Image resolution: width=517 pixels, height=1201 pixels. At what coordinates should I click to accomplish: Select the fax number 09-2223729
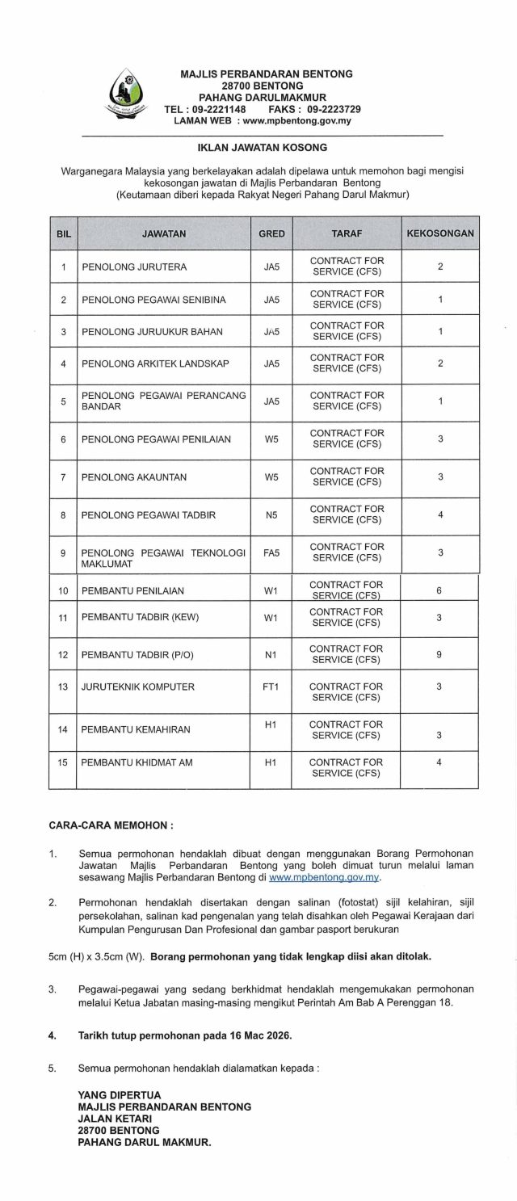tap(334, 109)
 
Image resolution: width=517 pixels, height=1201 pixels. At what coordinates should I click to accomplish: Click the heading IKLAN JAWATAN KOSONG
tap(263, 148)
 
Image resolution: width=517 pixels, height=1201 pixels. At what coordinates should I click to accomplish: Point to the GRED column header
tap(271, 233)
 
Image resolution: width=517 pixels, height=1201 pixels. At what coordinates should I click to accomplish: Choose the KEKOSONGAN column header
tap(440, 233)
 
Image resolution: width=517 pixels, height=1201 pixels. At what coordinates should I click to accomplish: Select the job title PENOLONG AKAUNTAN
tap(123, 477)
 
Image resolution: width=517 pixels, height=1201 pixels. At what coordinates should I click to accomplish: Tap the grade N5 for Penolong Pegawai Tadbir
tap(271, 514)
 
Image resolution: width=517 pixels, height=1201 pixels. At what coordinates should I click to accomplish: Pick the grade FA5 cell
tap(271, 552)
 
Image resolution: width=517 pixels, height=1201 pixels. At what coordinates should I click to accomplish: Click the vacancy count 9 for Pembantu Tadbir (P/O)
tap(439, 654)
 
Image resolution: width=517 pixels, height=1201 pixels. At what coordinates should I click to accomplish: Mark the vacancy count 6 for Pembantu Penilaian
tap(439, 590)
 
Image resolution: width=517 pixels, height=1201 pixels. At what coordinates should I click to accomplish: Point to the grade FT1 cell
tap(271, 687)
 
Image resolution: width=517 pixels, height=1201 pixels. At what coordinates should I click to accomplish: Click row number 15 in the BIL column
tap(62, 762)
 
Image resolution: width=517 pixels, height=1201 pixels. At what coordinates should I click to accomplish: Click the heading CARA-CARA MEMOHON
tap(111, 826)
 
